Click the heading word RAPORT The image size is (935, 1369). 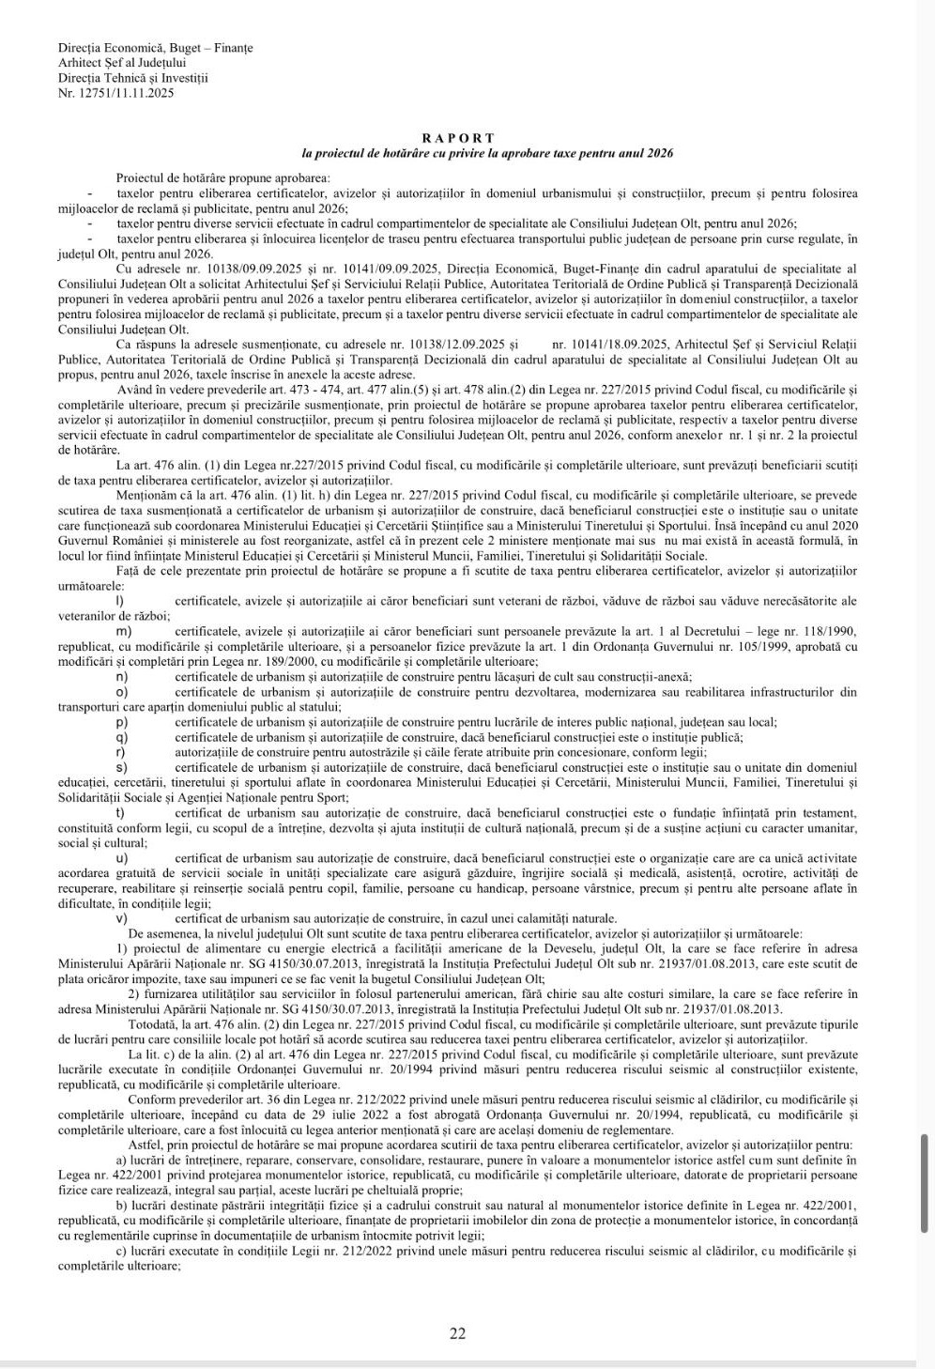[457, 138]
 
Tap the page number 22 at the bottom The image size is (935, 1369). [457, 1333]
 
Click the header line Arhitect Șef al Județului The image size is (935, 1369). [122, 63]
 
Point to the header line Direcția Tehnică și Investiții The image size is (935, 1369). [132, 78]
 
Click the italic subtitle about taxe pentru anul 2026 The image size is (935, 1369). [487, 152]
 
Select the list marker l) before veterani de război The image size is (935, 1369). [118, 600]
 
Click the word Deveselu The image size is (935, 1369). [558, 948]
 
